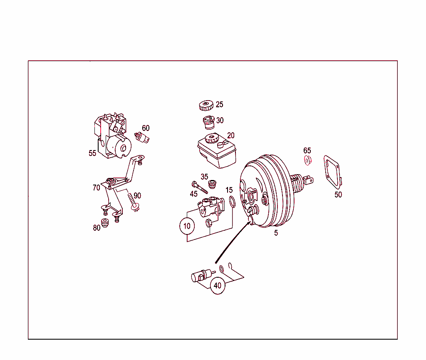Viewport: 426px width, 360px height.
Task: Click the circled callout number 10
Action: (187, 226)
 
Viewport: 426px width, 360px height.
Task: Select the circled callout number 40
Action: (217, 286)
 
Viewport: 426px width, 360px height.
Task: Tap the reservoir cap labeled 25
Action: (206, 106)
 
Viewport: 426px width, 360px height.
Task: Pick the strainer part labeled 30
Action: (209, 122)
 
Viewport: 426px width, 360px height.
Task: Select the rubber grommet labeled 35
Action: (213, 183)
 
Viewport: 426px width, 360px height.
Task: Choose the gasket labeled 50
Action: (332, 171)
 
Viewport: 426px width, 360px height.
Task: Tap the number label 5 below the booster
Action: (276, 233)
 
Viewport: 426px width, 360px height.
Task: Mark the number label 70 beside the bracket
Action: (96, 188)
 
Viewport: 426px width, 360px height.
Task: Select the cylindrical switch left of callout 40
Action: (199, 276)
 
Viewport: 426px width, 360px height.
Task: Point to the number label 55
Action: (92, 153)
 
